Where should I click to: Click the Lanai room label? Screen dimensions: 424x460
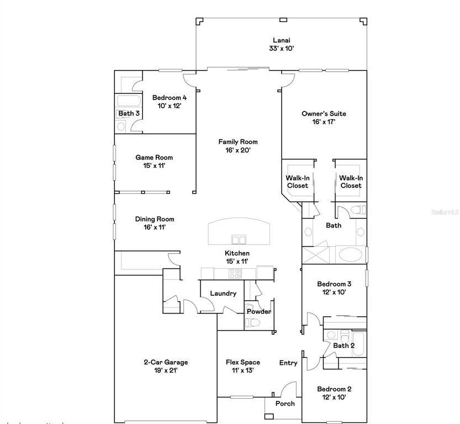coord(281,40)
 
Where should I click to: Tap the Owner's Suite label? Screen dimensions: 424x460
coord(324,114)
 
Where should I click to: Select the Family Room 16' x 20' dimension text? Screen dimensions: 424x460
coord(237,150)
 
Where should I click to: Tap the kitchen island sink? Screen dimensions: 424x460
coord(239,239)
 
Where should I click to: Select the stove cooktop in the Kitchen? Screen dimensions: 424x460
coord(235,273)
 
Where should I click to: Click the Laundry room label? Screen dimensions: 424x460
coord(223,293)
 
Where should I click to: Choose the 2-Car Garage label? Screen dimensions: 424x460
coord(166,362)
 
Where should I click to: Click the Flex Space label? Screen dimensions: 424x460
coord(242,362)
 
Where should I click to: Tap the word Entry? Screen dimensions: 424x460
coord(288,363)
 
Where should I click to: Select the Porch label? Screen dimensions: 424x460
coord(285,404)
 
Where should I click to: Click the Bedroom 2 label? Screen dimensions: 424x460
coord(334,389)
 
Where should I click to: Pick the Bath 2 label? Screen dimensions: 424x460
coord(343,346)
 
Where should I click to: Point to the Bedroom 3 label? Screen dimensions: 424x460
coord(334,284)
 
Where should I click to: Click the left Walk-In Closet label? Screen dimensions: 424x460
coord(297,182)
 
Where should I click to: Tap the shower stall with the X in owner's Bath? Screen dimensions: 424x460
coord(316,255)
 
